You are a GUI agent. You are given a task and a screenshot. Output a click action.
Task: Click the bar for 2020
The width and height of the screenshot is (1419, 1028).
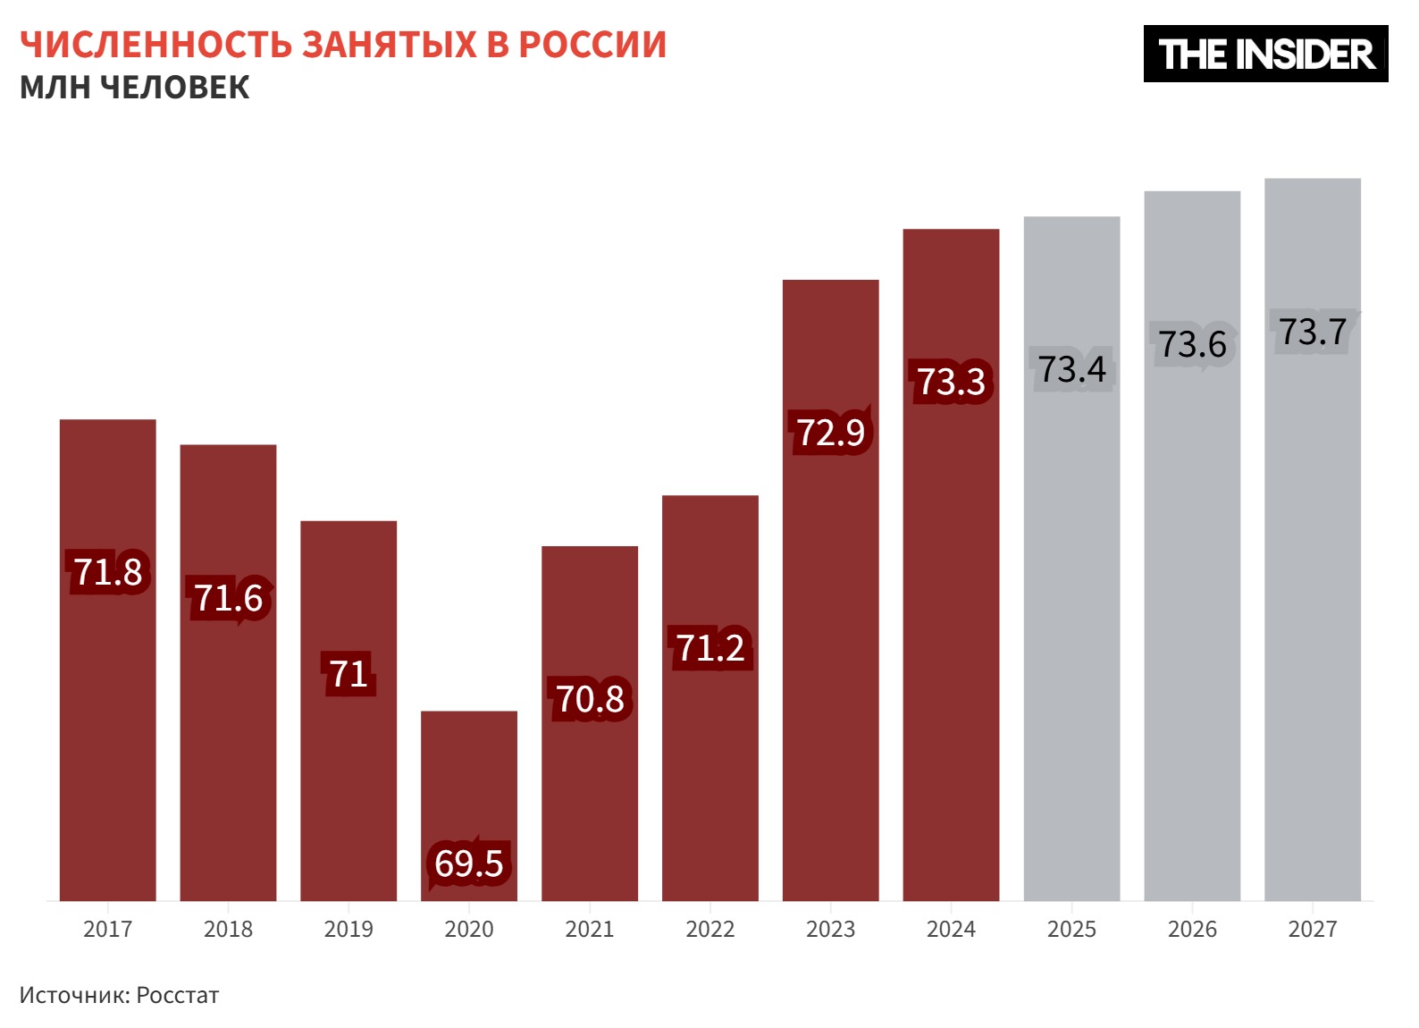pos(469,787)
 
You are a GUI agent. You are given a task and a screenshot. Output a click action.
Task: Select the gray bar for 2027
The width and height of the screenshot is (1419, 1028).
pos(1312,581)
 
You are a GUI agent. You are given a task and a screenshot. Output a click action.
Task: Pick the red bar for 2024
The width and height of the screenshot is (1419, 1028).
pos(951,626)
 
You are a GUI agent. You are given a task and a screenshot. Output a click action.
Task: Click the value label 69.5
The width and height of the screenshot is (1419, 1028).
pos(469,864)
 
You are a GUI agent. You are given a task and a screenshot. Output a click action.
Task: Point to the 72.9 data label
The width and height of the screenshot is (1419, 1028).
pos(831,433)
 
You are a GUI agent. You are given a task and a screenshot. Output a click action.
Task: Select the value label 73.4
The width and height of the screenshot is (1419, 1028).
pos(1071,369)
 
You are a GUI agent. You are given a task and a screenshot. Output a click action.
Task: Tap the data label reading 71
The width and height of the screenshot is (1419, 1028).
pos(348,674)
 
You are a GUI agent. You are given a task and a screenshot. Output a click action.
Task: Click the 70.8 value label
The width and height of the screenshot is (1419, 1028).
pos(590,699)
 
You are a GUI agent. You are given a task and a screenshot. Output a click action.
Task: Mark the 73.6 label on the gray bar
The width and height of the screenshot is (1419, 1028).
pos(1192,344)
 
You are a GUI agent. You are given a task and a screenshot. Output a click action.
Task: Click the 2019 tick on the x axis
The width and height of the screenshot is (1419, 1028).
pos(348,930)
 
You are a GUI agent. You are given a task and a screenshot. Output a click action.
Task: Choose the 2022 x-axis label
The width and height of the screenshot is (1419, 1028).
pos(710,930)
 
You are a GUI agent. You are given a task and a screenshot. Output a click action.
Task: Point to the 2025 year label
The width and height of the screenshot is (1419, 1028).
pos(1071,930)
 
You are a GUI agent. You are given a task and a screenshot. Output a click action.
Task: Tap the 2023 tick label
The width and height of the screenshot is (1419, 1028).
pos(831,930)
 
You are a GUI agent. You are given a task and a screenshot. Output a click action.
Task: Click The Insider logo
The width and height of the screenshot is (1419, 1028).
pos(1265,55)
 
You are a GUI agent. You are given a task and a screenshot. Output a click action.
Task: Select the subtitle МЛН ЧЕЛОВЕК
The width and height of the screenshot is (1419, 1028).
pos(135,88)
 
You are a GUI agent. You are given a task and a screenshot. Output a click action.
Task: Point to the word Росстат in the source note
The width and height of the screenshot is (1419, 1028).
pos(178,996)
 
